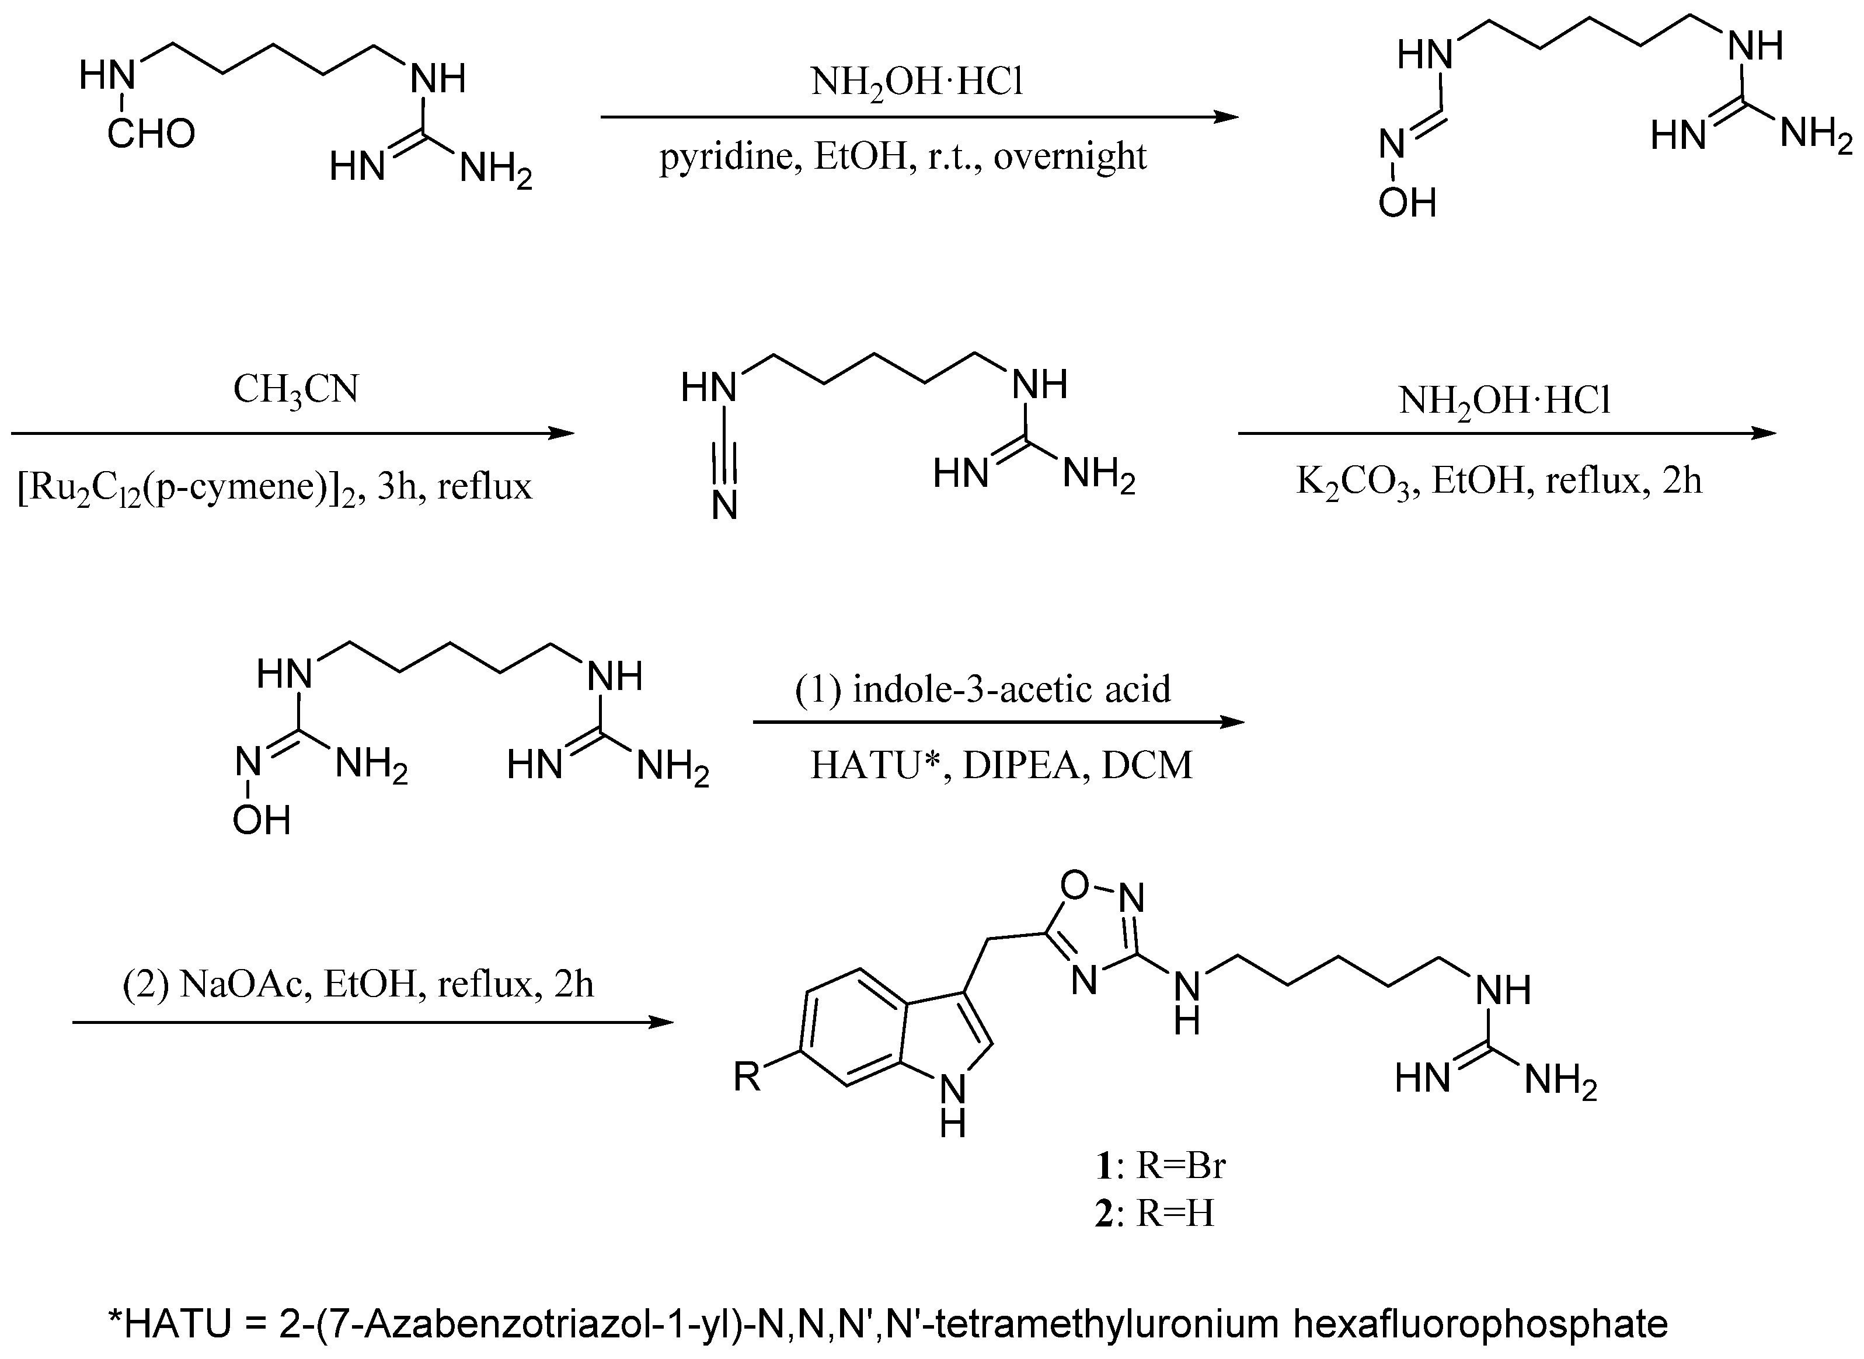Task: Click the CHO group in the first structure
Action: click(151, 133)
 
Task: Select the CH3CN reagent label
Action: click(295, 389)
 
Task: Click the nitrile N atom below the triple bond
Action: click(724, 506)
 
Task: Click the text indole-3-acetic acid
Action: click(1011, 689)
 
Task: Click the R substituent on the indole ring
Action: click(747, 1076)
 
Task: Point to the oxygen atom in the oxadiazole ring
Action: click(1074, 885)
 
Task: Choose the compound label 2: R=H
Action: click(1154, 1214)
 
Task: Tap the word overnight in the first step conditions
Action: click(1069, 156)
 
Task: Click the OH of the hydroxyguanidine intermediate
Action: click(262, 820)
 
